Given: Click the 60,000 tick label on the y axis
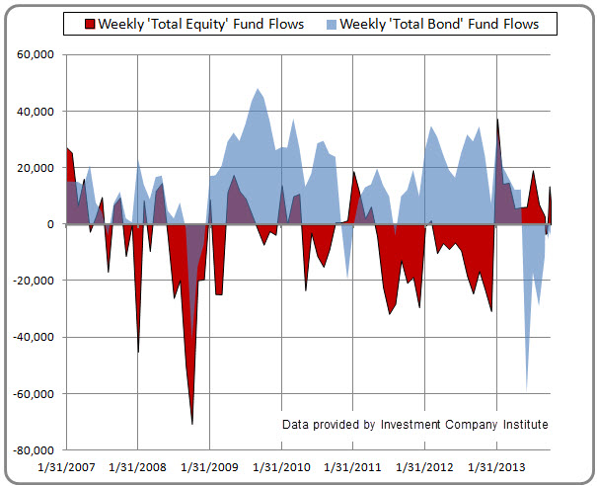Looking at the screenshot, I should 36,55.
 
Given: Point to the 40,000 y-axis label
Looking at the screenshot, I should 36,112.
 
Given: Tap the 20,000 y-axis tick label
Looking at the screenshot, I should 36,168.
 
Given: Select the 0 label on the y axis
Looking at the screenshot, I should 49,224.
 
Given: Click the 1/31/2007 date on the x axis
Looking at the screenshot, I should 66,465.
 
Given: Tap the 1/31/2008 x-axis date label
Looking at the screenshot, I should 138,465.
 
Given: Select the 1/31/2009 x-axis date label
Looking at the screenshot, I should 210,465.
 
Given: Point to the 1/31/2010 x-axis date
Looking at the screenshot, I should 282,465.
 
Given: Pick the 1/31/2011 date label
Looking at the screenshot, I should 354,465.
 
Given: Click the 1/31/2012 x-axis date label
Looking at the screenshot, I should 425,465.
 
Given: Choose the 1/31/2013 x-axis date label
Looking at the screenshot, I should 497,465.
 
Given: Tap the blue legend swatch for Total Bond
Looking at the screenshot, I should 331,24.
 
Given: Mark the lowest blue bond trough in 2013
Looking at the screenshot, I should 527,389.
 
